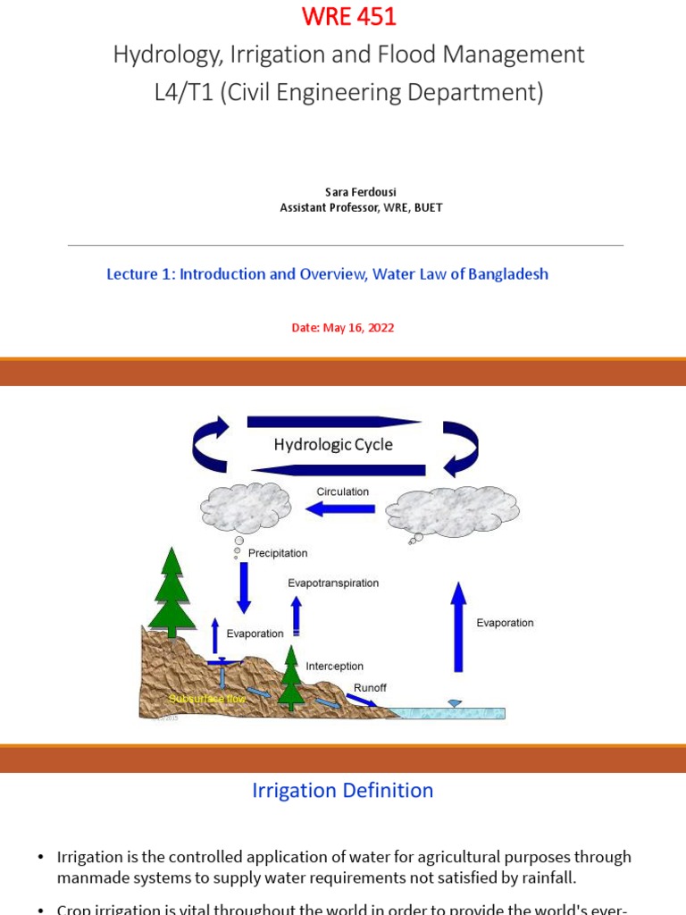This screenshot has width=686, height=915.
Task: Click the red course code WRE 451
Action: [x=348, y=17]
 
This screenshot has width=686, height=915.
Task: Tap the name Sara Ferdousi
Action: [x=360, y=192]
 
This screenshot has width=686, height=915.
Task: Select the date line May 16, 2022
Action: [x=343, y=328]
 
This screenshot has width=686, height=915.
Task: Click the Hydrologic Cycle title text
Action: [x=332, y=445]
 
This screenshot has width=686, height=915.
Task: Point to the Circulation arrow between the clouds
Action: [x=340, y=508]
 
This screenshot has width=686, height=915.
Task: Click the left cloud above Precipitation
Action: [x=246, y=508]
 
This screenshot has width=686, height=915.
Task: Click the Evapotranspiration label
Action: [x=333, y=583]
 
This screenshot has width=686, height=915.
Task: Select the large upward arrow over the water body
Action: [x=458, y=626]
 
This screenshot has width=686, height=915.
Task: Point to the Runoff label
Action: [x=370, y=688]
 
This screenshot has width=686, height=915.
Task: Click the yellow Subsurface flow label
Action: [x=207, y=698]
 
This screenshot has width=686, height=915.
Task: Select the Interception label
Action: [x=334, y=667]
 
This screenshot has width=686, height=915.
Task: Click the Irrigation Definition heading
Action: [x=342, y=791]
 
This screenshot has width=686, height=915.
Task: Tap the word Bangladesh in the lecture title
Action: [x=507, y=274]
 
